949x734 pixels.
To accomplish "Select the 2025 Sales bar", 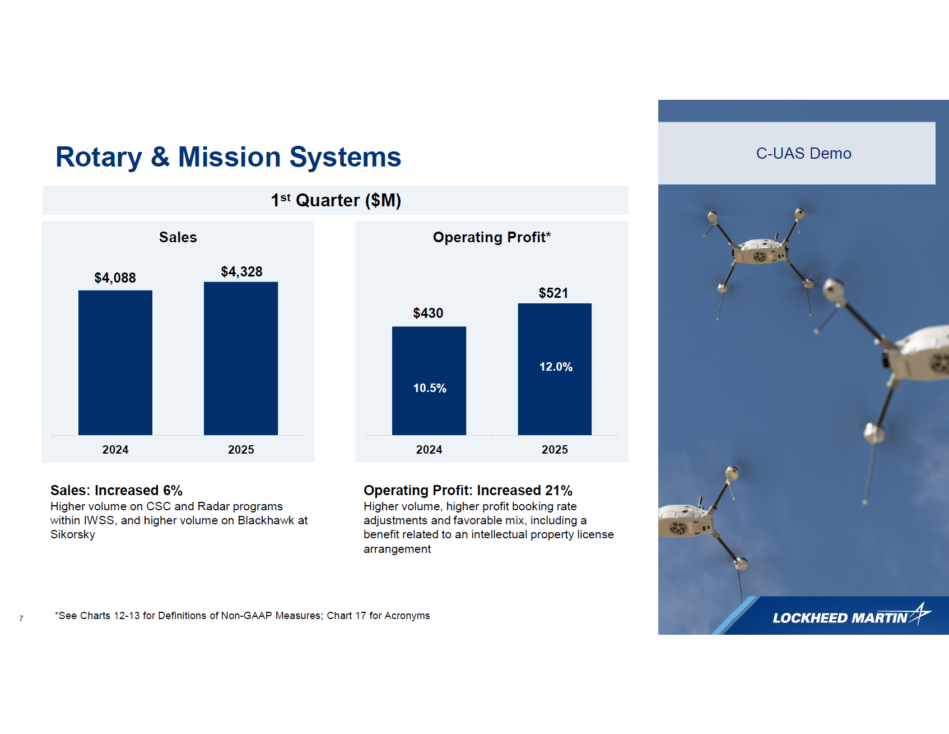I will point(241,358).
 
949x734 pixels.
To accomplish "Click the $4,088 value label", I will point(115,278).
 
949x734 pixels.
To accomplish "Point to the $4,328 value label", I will point(241,272).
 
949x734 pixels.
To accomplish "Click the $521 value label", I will point(553,293).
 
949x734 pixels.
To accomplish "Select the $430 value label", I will point(428,313).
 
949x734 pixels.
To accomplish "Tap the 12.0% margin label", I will point(556,367).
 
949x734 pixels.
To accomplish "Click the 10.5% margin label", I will point(430,388).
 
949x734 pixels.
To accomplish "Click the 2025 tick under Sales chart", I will point(241,450).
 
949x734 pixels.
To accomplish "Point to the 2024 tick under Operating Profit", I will point(429,450).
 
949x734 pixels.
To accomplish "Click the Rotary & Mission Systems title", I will point(228,157).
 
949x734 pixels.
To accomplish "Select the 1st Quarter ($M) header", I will point(336,200).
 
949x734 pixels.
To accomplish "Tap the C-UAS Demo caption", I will point(803,154).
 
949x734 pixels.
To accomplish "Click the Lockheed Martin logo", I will point(850,616).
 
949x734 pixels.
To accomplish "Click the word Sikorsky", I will point(73,534).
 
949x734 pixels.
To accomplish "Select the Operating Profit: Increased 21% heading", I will point(468,491).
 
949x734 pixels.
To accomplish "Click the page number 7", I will point(21,618).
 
